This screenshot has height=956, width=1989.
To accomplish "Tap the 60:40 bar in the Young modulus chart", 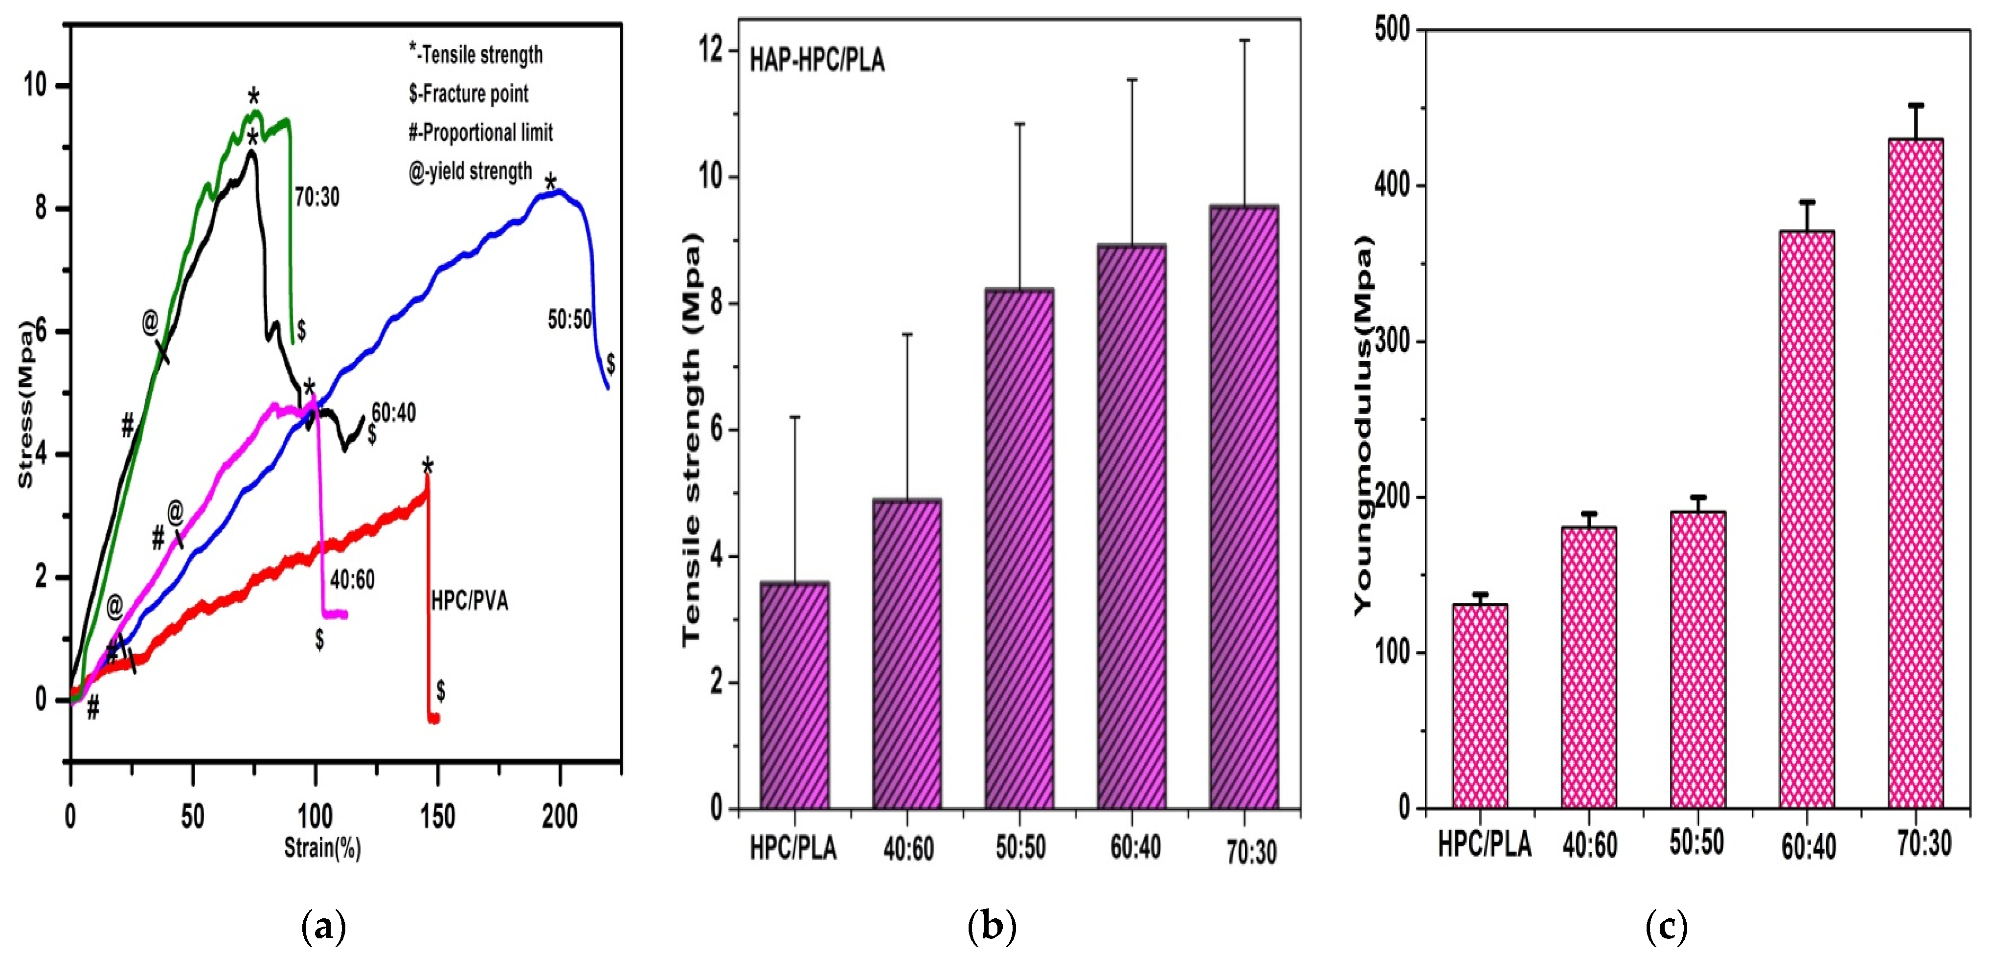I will (1807, 519).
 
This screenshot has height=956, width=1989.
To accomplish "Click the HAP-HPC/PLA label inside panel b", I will (817, 60).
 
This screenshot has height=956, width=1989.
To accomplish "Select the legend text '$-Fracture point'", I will (469, 93).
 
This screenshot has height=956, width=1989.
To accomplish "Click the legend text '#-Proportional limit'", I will (480, 132).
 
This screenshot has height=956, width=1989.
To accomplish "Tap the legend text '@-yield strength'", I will (470, 171).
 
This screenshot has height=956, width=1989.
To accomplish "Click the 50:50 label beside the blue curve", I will (569, 319).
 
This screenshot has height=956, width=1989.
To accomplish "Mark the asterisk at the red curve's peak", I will (427, 466).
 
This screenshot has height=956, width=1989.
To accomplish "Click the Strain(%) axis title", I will (323, 848).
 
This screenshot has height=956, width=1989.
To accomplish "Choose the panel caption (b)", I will (992, 925).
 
